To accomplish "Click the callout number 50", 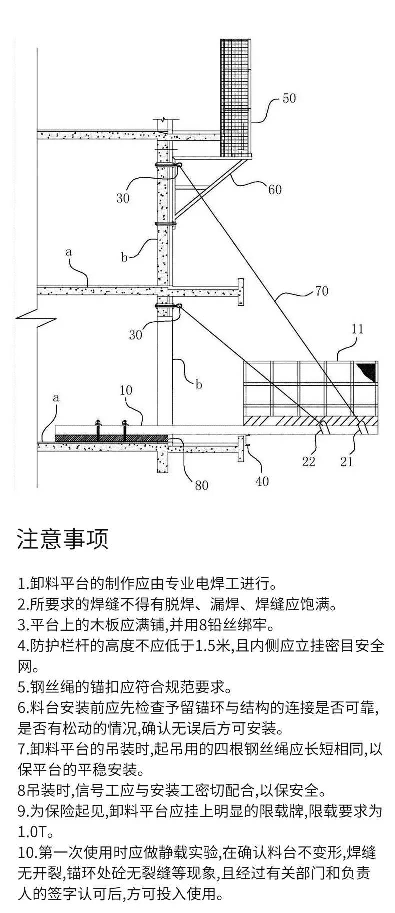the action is [289, 98].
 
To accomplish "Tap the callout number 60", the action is [275, 189].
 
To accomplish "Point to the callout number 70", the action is [322, 290].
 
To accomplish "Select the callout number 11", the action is [357, 329].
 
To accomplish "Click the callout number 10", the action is [126, 390].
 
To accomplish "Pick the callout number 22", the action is [309, 461].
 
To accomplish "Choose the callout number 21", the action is [347, 461].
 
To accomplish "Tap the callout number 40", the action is [262, 481].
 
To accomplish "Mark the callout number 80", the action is [201, 485].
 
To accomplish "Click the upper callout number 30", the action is [123, 198].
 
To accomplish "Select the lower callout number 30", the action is [136, 334].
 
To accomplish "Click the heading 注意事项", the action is [63, 539].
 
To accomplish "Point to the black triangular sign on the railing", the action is [367, 371].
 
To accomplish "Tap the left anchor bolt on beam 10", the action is [98, 430].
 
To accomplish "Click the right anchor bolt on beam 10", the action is [124, 430].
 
